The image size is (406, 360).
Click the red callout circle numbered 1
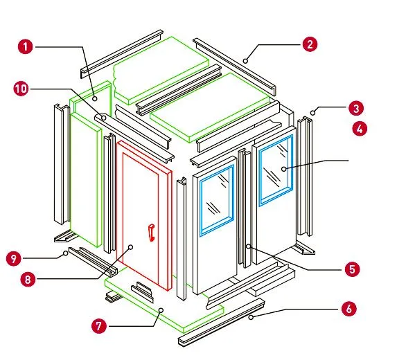pos(26,47)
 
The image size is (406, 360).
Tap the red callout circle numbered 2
pos(310,45)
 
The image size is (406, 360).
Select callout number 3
pos(357,109)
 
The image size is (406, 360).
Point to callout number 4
pos(359,129)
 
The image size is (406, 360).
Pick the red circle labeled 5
pos(352,269)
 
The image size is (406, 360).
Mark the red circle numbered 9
pos(13,259)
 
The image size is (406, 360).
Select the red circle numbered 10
pos(21,89)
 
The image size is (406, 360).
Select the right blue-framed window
pos(276,170)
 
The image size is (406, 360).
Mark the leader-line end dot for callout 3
pos(314,111)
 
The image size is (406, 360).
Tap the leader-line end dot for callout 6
pos(253,317)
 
